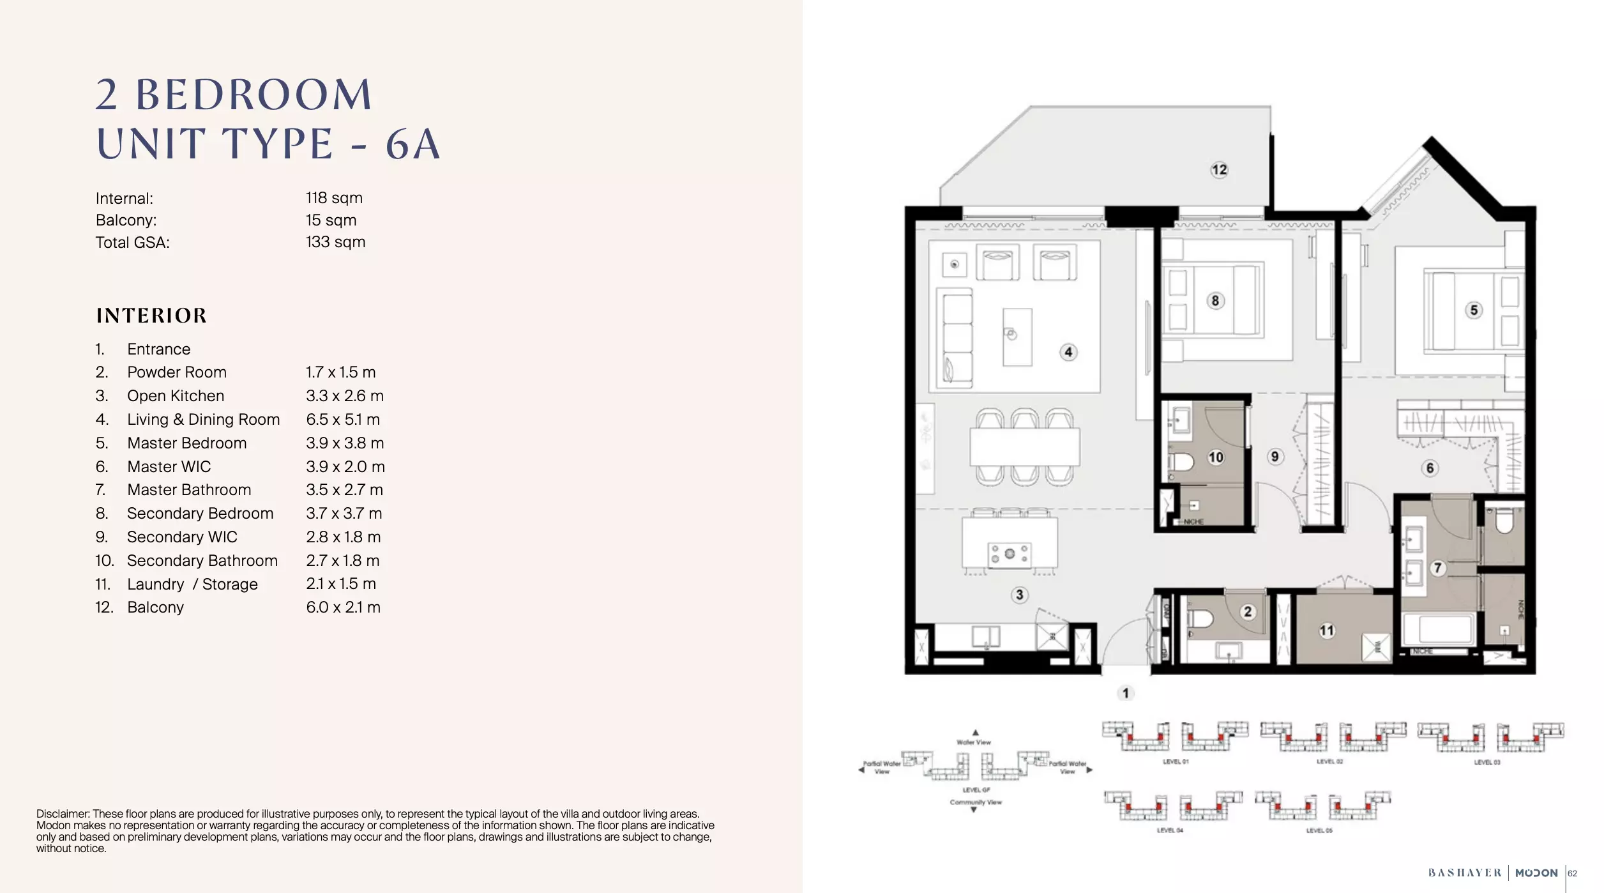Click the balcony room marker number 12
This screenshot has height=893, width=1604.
tap(1219, 170)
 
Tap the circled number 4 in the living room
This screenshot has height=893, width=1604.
tap(1068, 352)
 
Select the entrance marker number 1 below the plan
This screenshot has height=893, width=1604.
tap(1126, 693)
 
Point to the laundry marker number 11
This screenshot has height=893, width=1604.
tap(1327, 630)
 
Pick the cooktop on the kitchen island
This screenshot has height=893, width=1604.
tap(1009, 554)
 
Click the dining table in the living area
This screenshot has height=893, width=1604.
tap(1024, 446)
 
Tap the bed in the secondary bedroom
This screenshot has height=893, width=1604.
tap(1212, 300)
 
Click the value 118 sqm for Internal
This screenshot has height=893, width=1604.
tap(334, 198)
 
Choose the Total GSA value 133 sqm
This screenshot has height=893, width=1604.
tap(335, 242)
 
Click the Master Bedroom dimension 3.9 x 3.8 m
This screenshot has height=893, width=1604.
tap(345, 443)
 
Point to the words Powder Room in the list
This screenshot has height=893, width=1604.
tap(177, 372)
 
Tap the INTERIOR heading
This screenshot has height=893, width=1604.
tap(151, 316)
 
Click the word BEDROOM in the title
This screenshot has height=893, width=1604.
tap(253, 95)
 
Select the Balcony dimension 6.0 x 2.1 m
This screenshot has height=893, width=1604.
tap(343, 607)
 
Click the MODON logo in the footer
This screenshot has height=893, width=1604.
tap(1536, 873)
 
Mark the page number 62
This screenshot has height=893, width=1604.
tap(1573, 873)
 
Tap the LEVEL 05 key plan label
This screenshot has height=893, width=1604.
tap(1319, 830)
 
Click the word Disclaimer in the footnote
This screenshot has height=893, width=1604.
tap(63, 814)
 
